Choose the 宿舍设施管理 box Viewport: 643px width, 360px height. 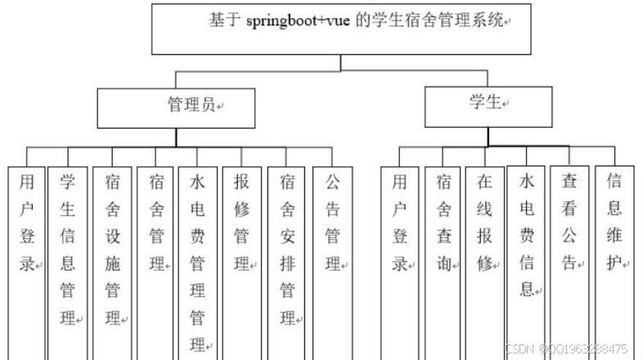[x=112, y=254]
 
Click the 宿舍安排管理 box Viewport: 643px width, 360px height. [x=287, y=254]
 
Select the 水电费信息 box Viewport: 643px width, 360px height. [x=527, y=245]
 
